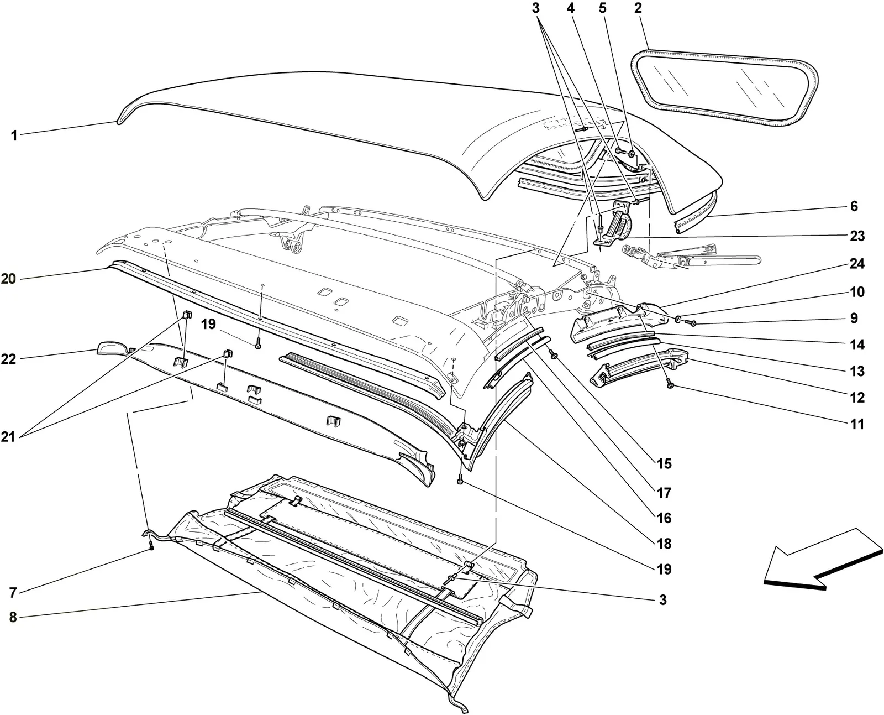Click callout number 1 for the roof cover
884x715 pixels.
[x=14, y=135]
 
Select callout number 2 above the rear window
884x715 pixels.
[x=638, y=8]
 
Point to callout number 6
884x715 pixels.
[x=854, y=206]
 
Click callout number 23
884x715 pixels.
[x=857, y=236]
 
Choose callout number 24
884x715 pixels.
[x=857, y=263]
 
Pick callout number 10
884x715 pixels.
[x=857, y=291]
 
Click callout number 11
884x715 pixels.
[x=857, y=424]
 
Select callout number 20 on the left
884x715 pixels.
[x=8, y=278]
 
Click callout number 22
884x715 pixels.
[x=8, y=358]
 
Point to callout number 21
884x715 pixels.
[x=8, y=437]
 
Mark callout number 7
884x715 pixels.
[x=13, y=593]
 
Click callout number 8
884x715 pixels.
[x=13, y=617]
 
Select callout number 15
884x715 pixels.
[x=664, y=463]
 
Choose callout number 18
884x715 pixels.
[x=664, y=544]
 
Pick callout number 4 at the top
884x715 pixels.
[x=571, y=8]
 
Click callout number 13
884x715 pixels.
[x=857, y=371]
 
